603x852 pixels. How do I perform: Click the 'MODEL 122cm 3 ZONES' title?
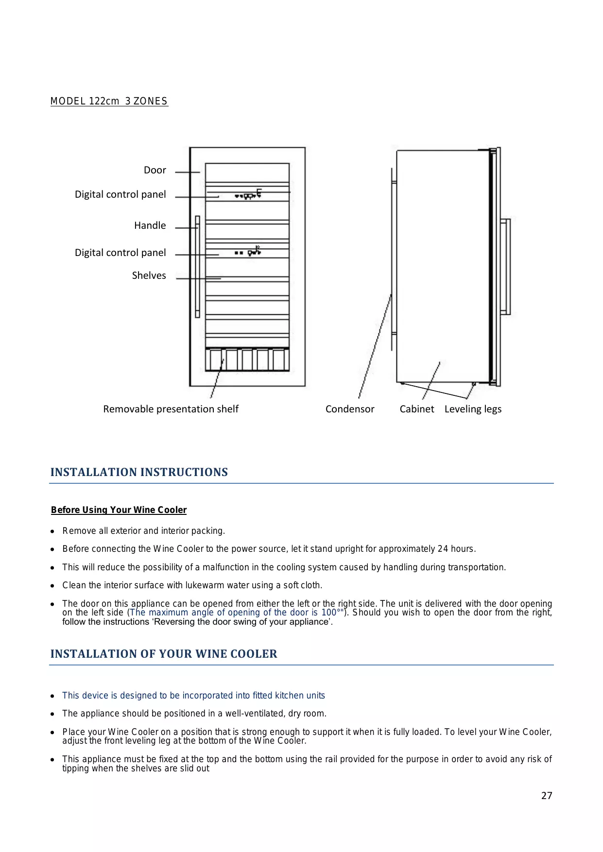(x=109, y=101)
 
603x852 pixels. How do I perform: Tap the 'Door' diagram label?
(x=155, y=170)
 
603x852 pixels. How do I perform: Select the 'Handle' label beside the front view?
(x=150, y=225)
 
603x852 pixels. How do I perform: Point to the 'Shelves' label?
(x=149, y=275)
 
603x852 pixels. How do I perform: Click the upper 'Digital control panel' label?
(x=120, y=194)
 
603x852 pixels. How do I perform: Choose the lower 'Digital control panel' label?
(x=120, y=253)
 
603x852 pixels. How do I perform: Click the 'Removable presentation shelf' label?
(x=171, y=409)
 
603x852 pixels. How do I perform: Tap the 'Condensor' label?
(x=350, y=409)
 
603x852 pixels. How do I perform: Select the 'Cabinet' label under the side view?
(x=417, y=409)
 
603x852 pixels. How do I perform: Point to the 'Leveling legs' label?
(x=473, y=409)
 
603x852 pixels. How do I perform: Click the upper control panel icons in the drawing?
(x=248, y=195)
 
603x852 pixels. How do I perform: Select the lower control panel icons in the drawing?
(x=248, y=252)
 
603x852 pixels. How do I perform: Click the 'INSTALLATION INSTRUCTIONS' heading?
(x=139, y=472)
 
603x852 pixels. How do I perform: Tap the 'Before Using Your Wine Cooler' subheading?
(x=119, y=510)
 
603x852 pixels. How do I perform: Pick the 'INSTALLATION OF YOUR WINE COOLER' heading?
(x=164, y=654)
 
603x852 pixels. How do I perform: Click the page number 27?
(x=547, y=796)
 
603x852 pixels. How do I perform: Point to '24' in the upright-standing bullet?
(x=443, y=549)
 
